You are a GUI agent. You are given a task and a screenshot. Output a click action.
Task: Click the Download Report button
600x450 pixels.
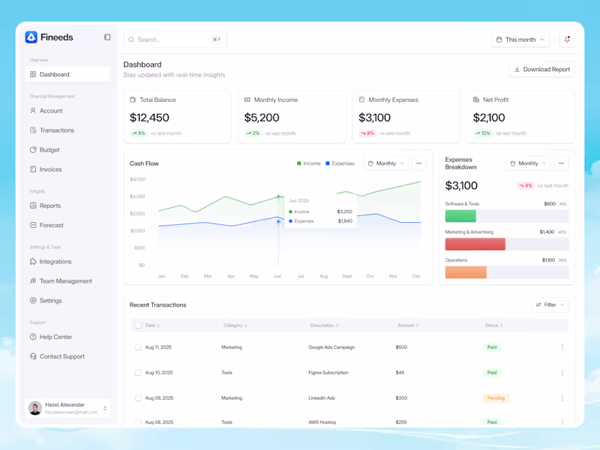coord(541,70)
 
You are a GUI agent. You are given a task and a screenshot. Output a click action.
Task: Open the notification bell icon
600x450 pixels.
coord(567,40)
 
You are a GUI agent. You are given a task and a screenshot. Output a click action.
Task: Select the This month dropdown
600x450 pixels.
coord(520,40)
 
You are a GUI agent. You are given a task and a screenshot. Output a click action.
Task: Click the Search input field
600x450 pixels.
coord(175,40)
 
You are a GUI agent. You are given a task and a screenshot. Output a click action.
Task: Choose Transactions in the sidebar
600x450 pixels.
coord(56,130)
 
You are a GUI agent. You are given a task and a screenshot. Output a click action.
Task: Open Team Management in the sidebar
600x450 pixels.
coord(65,281)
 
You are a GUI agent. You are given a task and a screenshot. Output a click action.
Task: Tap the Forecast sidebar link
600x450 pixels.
coord(51,225)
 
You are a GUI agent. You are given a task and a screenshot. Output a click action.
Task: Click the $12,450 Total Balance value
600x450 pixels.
coord(149,118)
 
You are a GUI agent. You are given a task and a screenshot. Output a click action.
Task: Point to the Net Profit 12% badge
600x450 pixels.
coord(482,133)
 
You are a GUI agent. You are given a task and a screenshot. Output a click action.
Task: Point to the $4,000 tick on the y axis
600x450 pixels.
coord(137,179)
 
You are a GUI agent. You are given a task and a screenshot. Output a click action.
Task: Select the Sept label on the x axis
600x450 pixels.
coord(346,276)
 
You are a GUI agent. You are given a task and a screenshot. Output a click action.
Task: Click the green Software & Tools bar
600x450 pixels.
coord(460,216)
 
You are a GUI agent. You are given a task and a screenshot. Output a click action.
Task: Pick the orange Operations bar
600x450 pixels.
coord(466,272)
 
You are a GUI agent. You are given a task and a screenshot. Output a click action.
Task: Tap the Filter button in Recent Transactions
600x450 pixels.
coord(550,305)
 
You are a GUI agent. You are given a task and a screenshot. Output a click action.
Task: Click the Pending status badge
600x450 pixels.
coord(496,398)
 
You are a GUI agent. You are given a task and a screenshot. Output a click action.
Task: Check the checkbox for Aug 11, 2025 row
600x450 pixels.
coord(138,347)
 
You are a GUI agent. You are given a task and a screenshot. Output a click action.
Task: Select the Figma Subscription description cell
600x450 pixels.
coord(328,373)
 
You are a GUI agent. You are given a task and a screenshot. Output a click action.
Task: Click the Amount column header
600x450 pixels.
coord(408,325)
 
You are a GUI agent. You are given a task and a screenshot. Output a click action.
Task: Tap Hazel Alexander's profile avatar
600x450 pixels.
coord(35,408)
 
